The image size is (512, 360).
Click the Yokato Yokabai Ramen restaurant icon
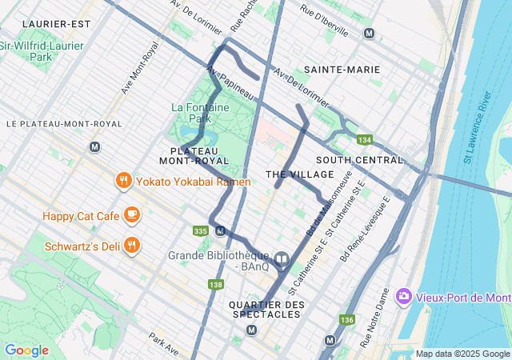pyautogui.click(x=122, y=181)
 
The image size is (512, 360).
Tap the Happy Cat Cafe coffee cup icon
pyautogui.click(x=132, y=215)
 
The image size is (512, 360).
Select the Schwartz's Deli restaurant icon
pyautogui.click(x=132, y=245)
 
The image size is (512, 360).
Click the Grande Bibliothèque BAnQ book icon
pyautogui.click(x=282, y=260)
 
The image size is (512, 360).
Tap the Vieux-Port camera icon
pyautogui.click(x=403, y=297)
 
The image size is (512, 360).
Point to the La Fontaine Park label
pyautogui.click(x=201, y=113)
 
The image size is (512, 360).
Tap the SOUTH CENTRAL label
pyautogui.click(x=359, y=160)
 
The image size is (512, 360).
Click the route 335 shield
pyautogui.click(x=200, y=231)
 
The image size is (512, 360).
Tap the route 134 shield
pyautogui.click(x=365, y=140)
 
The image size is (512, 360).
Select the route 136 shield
pyautogui.click(x=346, y=320)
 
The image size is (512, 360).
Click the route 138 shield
pyautogui.click(x=215, y=284)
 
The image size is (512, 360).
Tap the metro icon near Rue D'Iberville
pyautogui.click(x=369, y=33)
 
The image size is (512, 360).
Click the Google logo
pyautogui.click(x=26, y=350)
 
